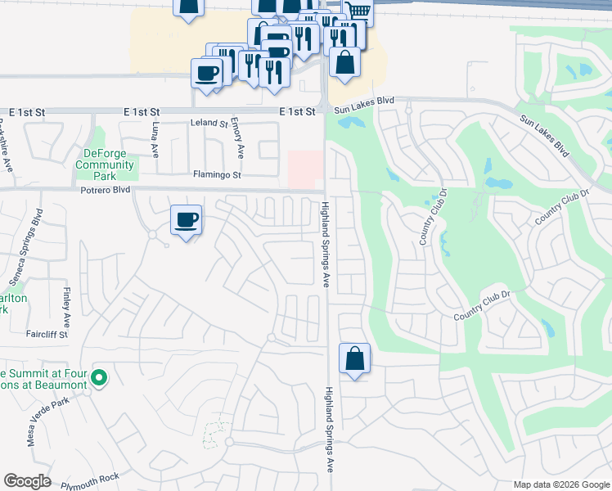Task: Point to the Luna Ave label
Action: pos(155,140)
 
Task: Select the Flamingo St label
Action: pos(217,175)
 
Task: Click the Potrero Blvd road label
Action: pos(107,190)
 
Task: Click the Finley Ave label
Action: pos(65,304)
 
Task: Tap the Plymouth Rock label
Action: pos(95,476)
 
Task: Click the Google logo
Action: pos(27,481)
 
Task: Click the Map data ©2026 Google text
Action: pos(562,484)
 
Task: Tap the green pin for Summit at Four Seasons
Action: pos(99,377)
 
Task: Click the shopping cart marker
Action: pos(358,11)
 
